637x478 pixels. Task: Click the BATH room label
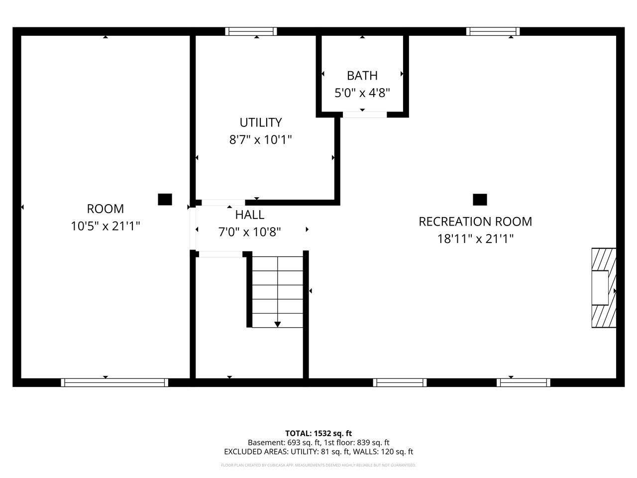click(x=362, y=76)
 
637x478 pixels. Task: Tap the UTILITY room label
click(x=260, y=122)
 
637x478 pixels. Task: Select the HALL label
click(x=250, y=215)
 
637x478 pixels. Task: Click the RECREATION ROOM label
click(x=475, y=222)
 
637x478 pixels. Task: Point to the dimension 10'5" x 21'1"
click(x=105, y=226)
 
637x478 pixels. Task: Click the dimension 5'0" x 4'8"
click(x=362, y=93)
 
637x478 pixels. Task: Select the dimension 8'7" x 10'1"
click(x=260, y=139)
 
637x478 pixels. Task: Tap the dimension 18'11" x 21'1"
click(x=475, y=239)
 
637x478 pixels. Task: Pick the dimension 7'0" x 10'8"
click(x=250, y=232)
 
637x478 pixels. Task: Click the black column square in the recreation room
click(x=480, y=200)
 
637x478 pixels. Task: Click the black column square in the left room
click(x=165, y=200)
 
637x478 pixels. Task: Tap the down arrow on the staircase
click(x=278, y=324)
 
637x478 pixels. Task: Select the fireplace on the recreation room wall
click(x=603, y=288)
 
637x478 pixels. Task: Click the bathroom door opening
click(x=365, y=115)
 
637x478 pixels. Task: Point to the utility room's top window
click(x=251, y=31)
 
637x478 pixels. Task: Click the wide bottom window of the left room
click(x=114, y=382)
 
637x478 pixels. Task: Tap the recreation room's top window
click(x=493, y=31)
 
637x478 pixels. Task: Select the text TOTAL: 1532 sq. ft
click(x=318, y=433)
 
